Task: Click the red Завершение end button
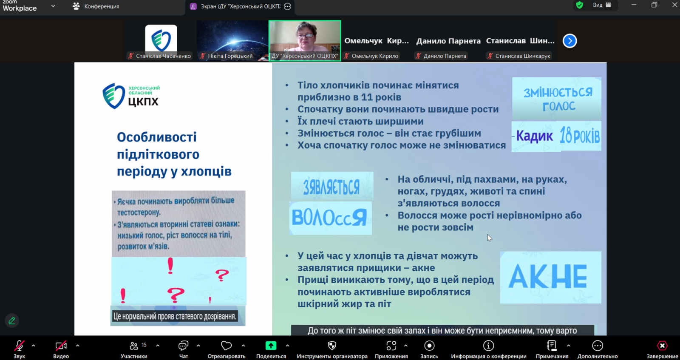pos(662,346)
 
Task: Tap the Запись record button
pos(429,346)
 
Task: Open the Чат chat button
pos(183,346)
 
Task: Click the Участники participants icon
pos(134,346)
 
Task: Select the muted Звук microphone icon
pos(19,346)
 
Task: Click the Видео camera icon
pos(61,346)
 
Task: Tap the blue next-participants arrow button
pos(569,41)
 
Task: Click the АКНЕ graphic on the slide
pos(550,277)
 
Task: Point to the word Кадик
pos(535,136)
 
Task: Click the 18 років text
pos(580,136)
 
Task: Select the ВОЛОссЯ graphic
pos(330,218)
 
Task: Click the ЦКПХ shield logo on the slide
pos(113,96)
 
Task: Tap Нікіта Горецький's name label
pos(230,56)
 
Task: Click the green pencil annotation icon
pos(12,320)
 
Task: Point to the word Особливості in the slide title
pos(157,137)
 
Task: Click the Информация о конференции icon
pos(488,346)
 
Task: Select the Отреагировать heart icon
pos(226,346)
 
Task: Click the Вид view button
pos(602,5)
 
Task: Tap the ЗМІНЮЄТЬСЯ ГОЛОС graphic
pos(557,99)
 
